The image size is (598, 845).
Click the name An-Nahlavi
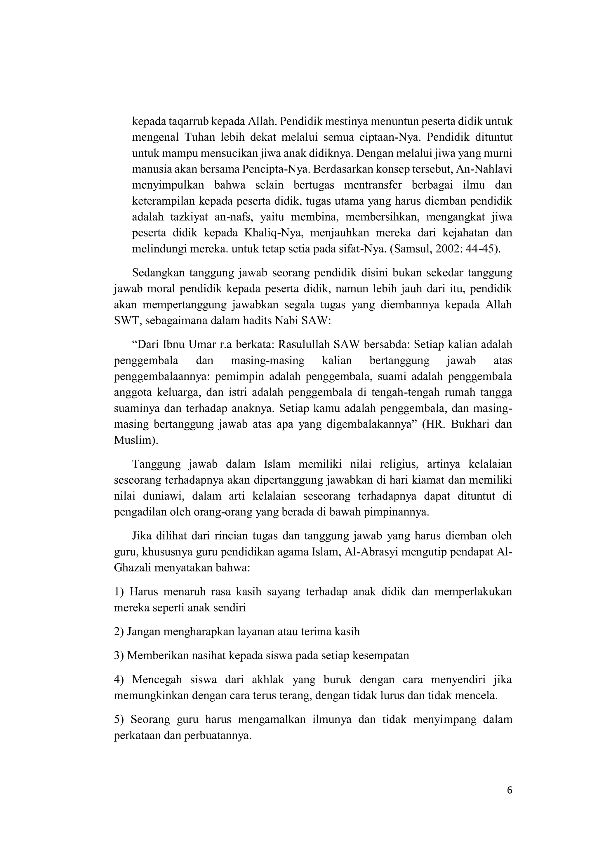point(484,169)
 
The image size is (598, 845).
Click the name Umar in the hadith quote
point(202,344)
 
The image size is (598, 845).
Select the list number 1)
point(120,592)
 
